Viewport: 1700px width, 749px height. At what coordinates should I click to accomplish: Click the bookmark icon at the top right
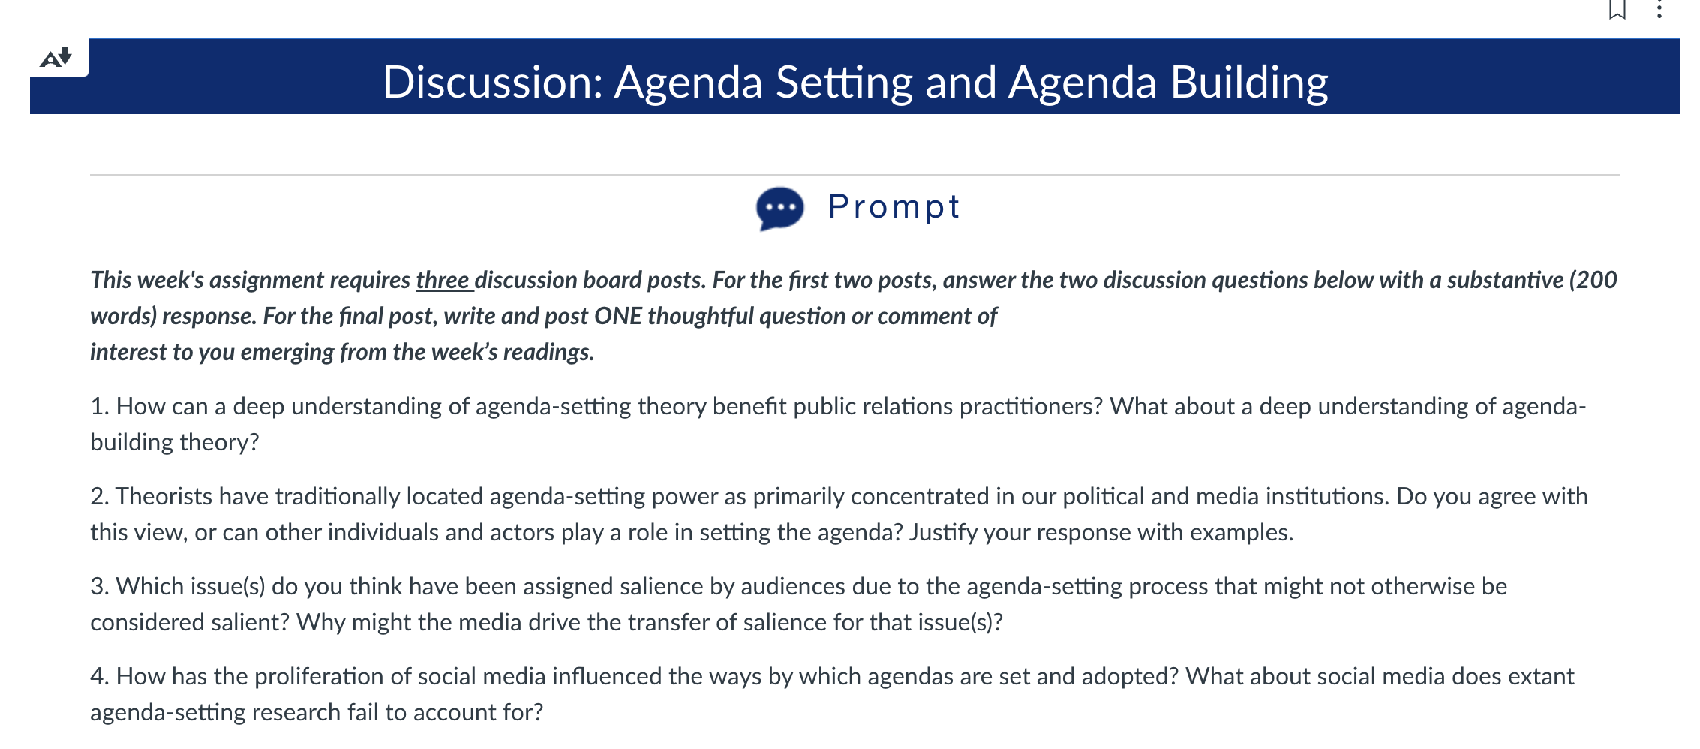1617,9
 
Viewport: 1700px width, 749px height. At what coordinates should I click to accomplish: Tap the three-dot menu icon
1659,9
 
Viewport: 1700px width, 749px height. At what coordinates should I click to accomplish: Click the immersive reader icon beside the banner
56,57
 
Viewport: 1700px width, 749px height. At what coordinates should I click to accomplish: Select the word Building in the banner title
1249,83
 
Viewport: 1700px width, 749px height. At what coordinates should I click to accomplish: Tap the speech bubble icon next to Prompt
780,208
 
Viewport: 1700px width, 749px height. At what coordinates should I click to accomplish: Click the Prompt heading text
894,207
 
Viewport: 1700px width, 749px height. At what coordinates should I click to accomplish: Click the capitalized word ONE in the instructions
618,316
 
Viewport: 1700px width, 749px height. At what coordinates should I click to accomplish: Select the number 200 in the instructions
1595,280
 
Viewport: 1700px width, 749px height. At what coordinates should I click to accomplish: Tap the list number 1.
99,406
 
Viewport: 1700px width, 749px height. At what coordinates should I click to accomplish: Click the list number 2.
99,496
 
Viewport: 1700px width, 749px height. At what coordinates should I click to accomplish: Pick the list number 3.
99,586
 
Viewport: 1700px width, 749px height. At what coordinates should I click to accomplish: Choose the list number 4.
99,676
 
